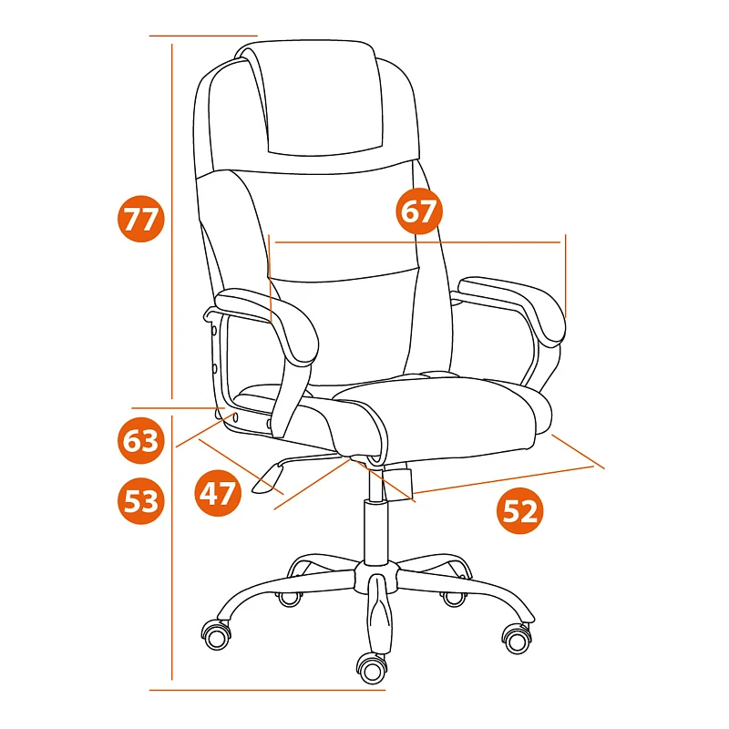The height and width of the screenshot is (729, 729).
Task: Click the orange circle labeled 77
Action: point(141,219)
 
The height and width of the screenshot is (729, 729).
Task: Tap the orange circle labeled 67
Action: point(419,210)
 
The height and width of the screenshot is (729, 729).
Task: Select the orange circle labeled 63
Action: point(141,440)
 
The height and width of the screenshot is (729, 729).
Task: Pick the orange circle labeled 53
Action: point(141,501)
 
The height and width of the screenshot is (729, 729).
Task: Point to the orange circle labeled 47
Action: point(218,493)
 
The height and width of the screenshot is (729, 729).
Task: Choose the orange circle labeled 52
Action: point(519,510)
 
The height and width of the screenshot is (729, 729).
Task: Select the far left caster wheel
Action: point(217,636)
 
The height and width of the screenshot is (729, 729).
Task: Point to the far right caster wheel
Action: point(517,640)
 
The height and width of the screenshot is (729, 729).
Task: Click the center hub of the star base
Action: point(376,577)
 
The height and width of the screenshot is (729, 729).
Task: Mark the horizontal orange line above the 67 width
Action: point(417,242)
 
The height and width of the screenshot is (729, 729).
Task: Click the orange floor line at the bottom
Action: point(267,690)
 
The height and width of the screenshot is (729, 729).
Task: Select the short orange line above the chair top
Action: point(203,36)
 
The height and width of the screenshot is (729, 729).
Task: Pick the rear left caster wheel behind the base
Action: point(289,598)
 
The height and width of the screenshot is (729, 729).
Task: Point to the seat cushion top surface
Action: point(442,409)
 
